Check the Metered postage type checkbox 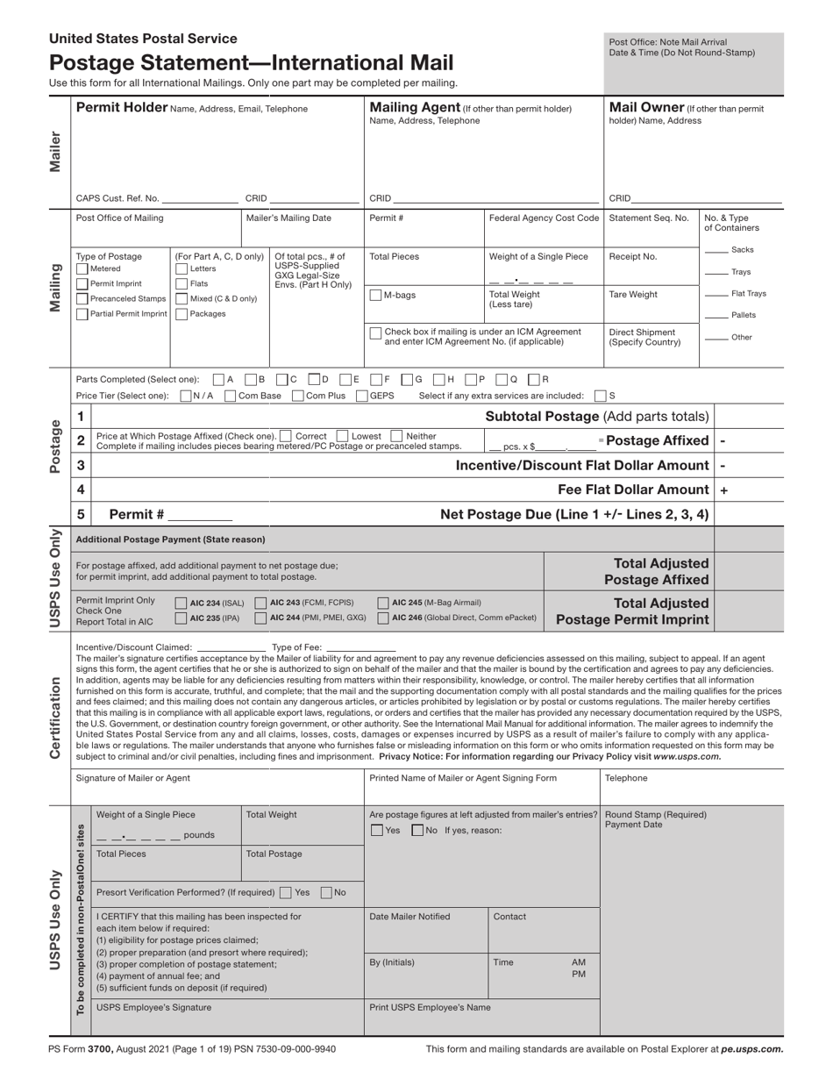pyautogui.click(x=82, y=269)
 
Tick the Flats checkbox pyautogui.click(x=182, y=283)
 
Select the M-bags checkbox pyautogui.click(x=375, y=295)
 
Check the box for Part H pyautogui.click(x=444, y=380)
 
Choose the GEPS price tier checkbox pyautogui.click(x=362, y=396)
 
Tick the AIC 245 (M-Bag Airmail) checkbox pyautogui.click(x=383, y=603)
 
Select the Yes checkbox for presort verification pyautogui.click(x=286, y=892)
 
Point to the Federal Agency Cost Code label pyautogui.click(x=544, y=218)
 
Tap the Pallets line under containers pyautogui.click(x=716, y=316)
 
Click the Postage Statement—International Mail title pyautogui.click(x=252, y=63)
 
